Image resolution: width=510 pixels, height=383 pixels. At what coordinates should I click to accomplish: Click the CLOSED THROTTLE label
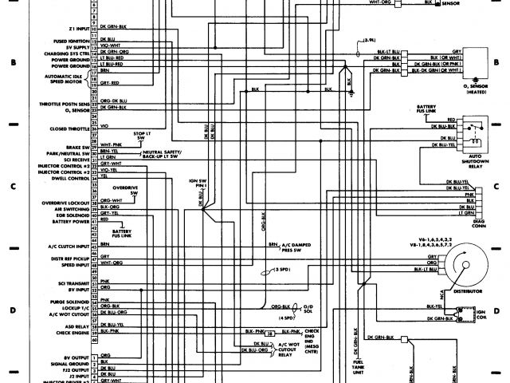pyautogui.click(x=68, y=127)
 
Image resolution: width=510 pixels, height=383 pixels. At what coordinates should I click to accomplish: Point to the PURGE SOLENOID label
pyautogui.click(x=69, y=302)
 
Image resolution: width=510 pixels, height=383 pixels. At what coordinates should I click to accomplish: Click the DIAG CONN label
pyautogui.click(x=478, y=220)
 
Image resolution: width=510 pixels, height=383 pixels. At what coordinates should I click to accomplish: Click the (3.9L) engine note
pyautogui.click(x=368, y=39)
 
